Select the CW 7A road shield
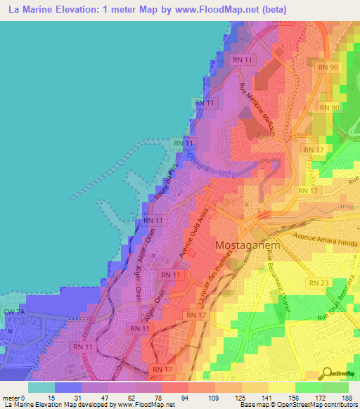click(x=13, y=311)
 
